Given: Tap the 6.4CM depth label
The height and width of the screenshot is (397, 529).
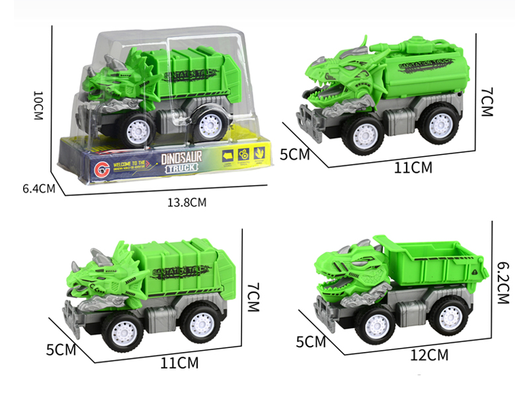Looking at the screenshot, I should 38,188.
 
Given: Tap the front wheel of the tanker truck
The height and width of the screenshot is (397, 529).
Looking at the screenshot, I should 364,137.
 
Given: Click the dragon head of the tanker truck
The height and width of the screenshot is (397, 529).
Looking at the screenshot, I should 337,79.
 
